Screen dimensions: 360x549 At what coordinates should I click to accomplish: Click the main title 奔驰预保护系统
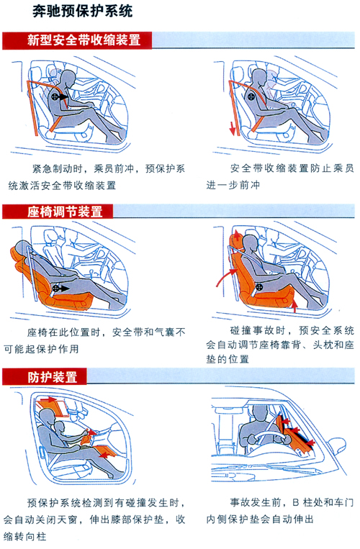tap(83, 12)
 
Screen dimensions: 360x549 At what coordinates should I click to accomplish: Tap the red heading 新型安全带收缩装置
tap(84, 40)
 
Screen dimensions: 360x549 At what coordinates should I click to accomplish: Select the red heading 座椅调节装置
tap(65, 212)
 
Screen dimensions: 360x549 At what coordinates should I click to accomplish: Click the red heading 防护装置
tap(53, 377)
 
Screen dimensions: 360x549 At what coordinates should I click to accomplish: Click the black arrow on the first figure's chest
tap(63, 96)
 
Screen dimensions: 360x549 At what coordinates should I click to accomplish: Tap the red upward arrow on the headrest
tap(238, 235)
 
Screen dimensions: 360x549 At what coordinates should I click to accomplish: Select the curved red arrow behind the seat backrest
tap(224, 276)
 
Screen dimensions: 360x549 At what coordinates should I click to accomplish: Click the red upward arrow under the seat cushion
tap(294, 306)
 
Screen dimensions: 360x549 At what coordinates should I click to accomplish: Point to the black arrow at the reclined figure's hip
tap(64, 289)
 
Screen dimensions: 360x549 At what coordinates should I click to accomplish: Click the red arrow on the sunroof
tap(48, 399)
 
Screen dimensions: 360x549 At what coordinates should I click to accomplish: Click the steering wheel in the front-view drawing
tap(269, 437)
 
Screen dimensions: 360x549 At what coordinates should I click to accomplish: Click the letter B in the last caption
tap(296, 503)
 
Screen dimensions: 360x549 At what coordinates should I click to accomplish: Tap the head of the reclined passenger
tap(22, 248)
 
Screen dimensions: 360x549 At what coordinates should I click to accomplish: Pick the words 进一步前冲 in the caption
tap(233, 185)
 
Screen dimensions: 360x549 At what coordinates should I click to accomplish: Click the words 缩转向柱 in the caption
tap(25, 536)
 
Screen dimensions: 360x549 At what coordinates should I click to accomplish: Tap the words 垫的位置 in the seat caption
tap(228, 359)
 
